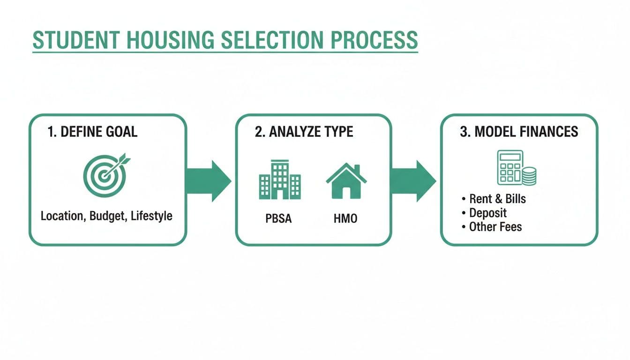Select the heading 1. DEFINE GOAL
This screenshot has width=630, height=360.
[x=93, y=132]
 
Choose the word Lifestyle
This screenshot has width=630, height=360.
[x=151, y=216]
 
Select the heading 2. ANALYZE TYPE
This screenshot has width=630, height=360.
[x=304, y=132]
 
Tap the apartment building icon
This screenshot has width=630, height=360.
[x=280, y=180]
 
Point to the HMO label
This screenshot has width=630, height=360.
[x=345, y=218]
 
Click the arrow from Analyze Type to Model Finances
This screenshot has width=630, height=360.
[x=413, y=180]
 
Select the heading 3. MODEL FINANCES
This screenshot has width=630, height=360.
[x=519, y=132]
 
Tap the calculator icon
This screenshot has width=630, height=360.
[x=510, y=166]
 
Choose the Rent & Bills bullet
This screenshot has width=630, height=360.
[x=497, y=199]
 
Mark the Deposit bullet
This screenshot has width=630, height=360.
[x=487, y=213]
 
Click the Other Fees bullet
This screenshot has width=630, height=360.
[x=495, y=227]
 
